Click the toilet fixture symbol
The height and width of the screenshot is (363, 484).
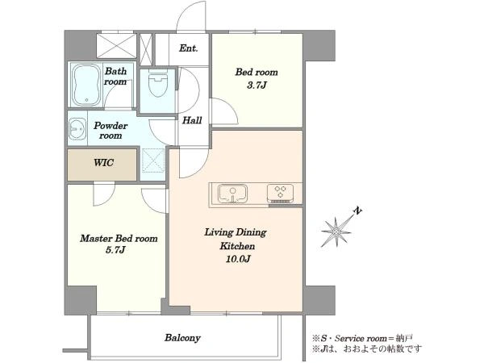pyautogui.click(x=157, y=83)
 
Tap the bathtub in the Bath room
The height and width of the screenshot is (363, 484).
pyautogui.click(x=86, y=86)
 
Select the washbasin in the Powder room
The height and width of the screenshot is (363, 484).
pyautogui.click(x=77, y=128)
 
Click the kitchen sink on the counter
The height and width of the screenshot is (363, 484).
pyautogui.click(x=232, y=194)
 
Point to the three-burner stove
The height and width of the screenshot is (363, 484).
pyautogui.click(x=280, y=193)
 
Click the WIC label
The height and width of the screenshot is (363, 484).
pyautogui.click(x=104, y=163)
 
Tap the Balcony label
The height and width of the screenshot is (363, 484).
pyautogui.click(x=182, y=338)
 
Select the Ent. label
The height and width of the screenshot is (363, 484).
pyautogui.click(x=188, y=48)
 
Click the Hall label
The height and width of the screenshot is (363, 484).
pyautogui.click(x=192, y=120)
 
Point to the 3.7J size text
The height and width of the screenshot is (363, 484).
pyautogui.click(x=257, y=86)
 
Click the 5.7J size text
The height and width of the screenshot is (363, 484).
pyautogui.click(x=115, y=250)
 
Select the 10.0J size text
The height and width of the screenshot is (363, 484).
pyautogui.click(x=238, y=259)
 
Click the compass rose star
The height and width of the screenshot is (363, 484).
pyautogui.click(x=336, y=232)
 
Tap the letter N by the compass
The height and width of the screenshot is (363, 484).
pyautogui.click(x=357, y=211)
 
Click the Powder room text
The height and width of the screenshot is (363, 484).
pyautogui.click(x=111, y=131)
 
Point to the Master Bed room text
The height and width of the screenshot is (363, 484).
pyautogui.click(x=119, y=238)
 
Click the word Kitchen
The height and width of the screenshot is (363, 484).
pyautogui.click(x=237, y=246)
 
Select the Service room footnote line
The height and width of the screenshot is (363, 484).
pyautogui.click(x=363, y=338)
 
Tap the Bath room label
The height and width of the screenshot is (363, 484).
pyautogui.click(x=115, y=77)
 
